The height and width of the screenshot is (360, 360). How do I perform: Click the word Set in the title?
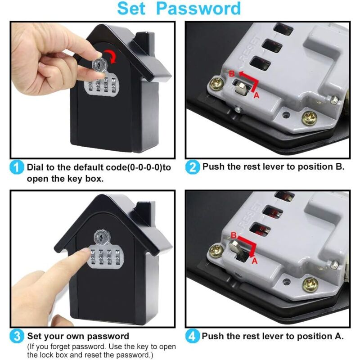[x=133, y=9]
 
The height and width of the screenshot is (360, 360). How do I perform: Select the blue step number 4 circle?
[x=192, y=336]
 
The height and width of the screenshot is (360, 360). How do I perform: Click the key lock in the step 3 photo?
[x=100, y=236]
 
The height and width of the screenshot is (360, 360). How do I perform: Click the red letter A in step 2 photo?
[x=256, y=95]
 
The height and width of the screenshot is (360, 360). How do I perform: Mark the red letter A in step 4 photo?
[x=254, y=261]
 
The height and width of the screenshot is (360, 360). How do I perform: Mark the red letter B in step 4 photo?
[x=233, y=235]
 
